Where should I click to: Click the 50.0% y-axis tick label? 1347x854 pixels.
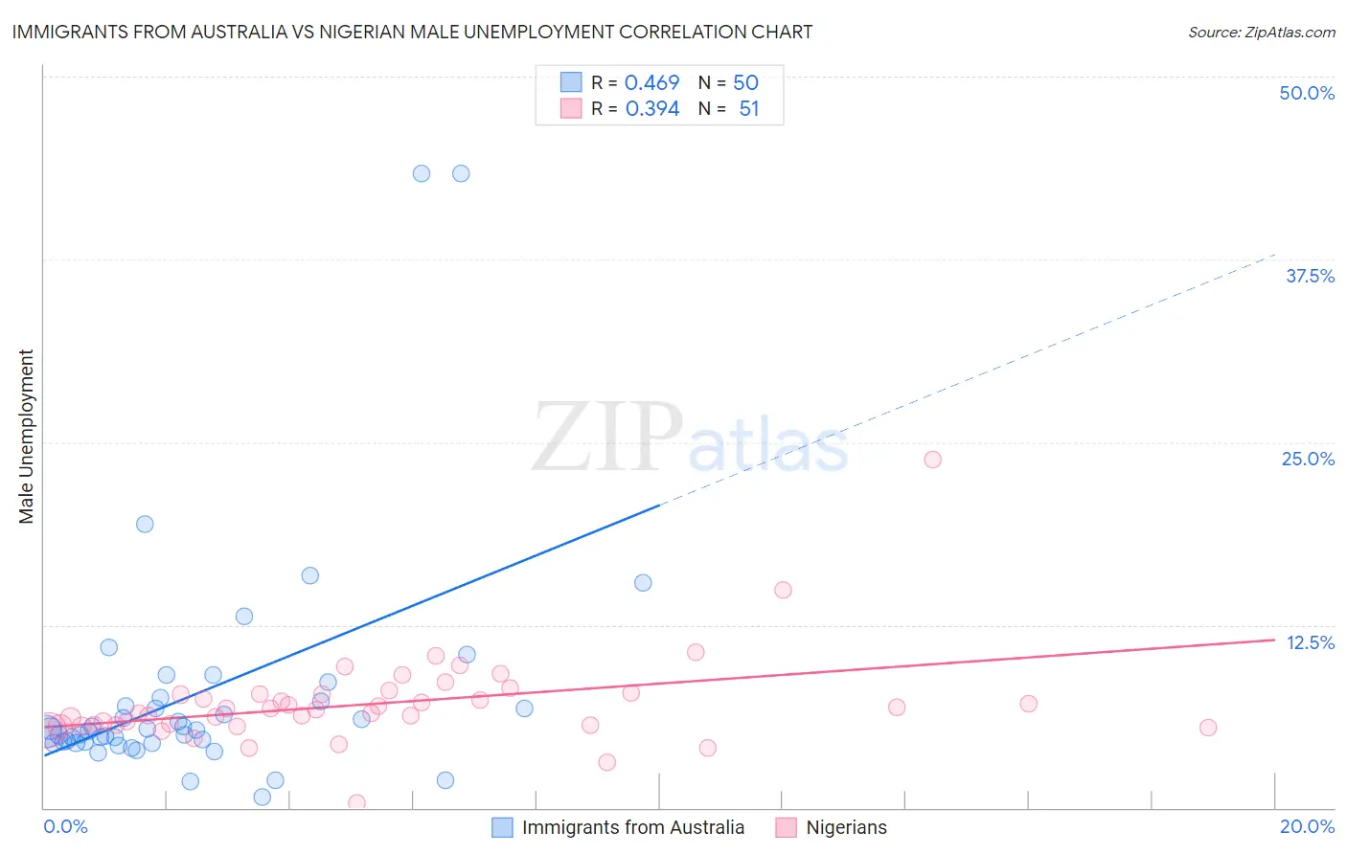coord(1307,93)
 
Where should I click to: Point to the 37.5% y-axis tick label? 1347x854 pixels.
coord(1310,276)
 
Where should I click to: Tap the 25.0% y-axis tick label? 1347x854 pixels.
coord(1308,459)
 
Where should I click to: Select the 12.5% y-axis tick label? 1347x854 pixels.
coord(1310,642)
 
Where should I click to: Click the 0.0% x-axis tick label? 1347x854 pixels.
coord(65,826)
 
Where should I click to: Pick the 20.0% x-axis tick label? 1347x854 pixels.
coord(1307,826)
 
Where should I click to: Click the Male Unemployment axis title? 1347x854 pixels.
coord(26,437)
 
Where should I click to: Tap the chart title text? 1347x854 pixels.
coord(412,32)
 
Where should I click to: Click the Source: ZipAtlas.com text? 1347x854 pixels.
coord(1261,32)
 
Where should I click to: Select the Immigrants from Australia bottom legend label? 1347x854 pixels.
coord(632,827)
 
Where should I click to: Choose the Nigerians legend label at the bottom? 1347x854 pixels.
coord(846,827)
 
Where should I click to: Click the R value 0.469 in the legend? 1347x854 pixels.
coord(651,83)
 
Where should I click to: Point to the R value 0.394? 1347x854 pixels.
coord(651,109)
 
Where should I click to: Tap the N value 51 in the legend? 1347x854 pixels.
coord(748,109)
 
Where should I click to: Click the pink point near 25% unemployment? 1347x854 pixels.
coord(932,460)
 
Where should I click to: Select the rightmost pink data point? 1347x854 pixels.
coord(1208,728)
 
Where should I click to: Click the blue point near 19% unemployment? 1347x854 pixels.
coord(145,524)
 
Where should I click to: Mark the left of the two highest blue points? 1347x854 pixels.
coord(422,173)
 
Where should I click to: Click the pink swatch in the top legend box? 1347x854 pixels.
coord(571,108)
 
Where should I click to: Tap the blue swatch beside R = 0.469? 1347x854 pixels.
coord(571,82)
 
